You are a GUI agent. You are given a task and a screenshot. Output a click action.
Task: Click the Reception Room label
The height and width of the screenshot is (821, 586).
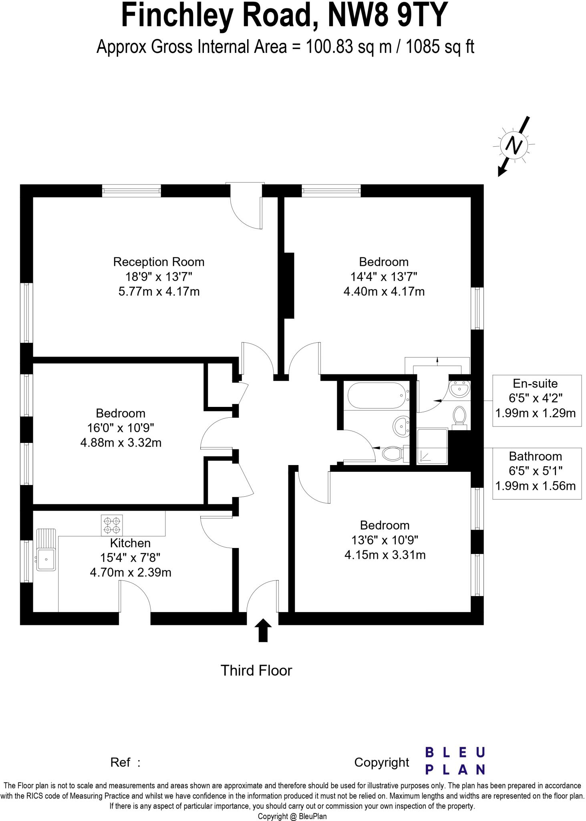[x=159, y=262]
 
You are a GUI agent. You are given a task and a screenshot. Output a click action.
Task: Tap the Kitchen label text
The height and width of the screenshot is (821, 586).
[x=130, y=543]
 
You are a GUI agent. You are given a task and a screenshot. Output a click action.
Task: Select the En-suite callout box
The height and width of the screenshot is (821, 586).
[x=536, y=400]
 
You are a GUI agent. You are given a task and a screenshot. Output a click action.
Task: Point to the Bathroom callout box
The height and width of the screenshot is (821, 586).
[x=536, y=473]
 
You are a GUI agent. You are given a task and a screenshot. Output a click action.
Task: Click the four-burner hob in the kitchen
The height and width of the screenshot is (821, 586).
[x=112, y=526]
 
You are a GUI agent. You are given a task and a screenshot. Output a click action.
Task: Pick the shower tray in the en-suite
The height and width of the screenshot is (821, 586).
[x=432, y=446]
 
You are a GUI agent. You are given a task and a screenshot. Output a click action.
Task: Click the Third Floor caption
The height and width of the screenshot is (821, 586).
[x=256, y=670]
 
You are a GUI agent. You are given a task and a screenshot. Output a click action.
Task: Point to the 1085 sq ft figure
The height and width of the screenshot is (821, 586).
[x=440, y=47]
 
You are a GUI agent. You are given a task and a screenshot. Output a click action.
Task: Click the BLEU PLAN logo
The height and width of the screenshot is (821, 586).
[x=455, y=761]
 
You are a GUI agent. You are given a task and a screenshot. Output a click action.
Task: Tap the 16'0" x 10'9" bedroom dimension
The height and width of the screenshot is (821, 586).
[x=121, y=428]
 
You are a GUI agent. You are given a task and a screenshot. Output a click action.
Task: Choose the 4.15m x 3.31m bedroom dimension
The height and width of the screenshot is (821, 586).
[x=385, y=555]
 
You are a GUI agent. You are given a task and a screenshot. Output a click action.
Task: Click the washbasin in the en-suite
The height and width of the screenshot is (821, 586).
[x=459, y=388]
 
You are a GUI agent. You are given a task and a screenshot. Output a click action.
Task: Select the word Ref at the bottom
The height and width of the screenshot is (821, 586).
[x=120, y=762]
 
